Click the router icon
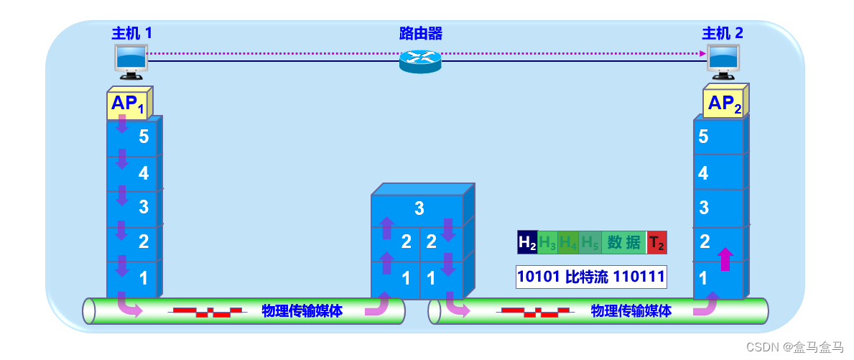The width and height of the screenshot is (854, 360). coord(420,60)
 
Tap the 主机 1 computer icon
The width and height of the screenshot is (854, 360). coord(131,61)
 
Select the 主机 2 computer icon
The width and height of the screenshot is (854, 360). coord(723,61)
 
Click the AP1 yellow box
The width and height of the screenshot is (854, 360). coord(129,104)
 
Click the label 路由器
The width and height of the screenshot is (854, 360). coord(420,33)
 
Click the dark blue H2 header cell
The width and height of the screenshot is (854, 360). coord(527,243)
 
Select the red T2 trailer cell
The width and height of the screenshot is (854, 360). coord(656,243)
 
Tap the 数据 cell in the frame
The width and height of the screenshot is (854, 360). coord(623,243)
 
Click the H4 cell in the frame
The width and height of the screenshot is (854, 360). coord(568,243)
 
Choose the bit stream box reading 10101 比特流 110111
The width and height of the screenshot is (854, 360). coord(591,277)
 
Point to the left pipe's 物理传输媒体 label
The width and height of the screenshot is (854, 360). coord(302,311)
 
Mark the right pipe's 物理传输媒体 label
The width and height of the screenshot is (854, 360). coord(631,311)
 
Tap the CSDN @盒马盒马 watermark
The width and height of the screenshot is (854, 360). coord(794,348)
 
